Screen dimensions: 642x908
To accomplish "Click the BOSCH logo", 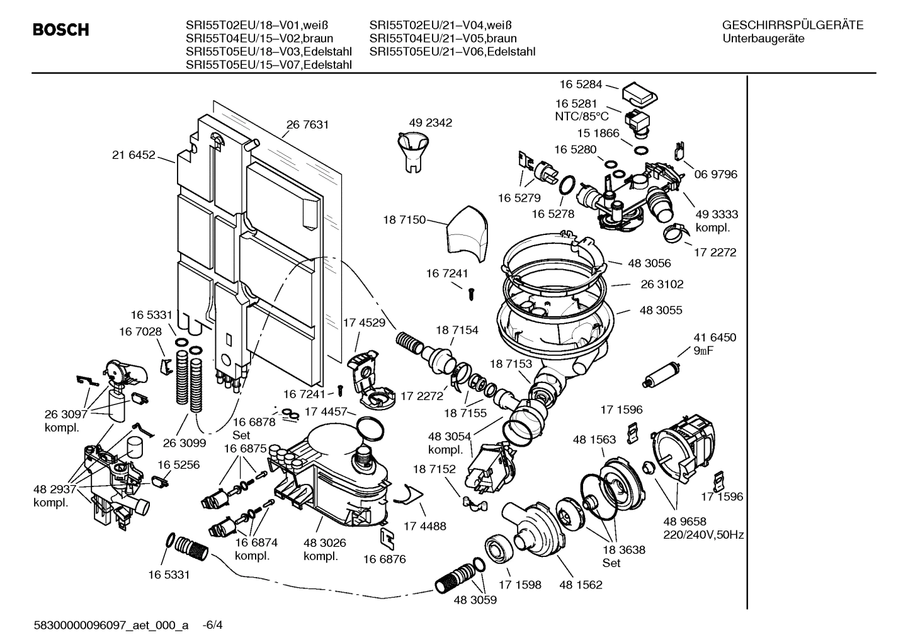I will pos(60,30).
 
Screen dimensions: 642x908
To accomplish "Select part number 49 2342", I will pos(430,123).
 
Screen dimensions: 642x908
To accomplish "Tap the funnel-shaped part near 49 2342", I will pos(412,151).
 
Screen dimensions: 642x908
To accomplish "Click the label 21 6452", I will pos(133,154).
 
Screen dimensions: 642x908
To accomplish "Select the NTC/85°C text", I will pos(582,116).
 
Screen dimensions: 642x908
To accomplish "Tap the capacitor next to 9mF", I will pos(660,374).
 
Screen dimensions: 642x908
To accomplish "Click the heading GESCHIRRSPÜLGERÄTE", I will pos(792,26).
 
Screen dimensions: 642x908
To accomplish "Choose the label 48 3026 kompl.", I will pos(324,549).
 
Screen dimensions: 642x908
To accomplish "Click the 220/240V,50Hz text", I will pos(703,535).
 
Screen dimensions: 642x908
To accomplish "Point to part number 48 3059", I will pos(475,600).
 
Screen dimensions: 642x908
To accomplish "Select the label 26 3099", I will pos(184,442).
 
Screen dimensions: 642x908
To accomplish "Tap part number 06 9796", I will pos(715,174).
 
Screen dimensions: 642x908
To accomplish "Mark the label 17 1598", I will pos(519,585).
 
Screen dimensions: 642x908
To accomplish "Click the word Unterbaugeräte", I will pos(763,39).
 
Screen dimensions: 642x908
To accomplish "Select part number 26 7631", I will pos(307,125).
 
